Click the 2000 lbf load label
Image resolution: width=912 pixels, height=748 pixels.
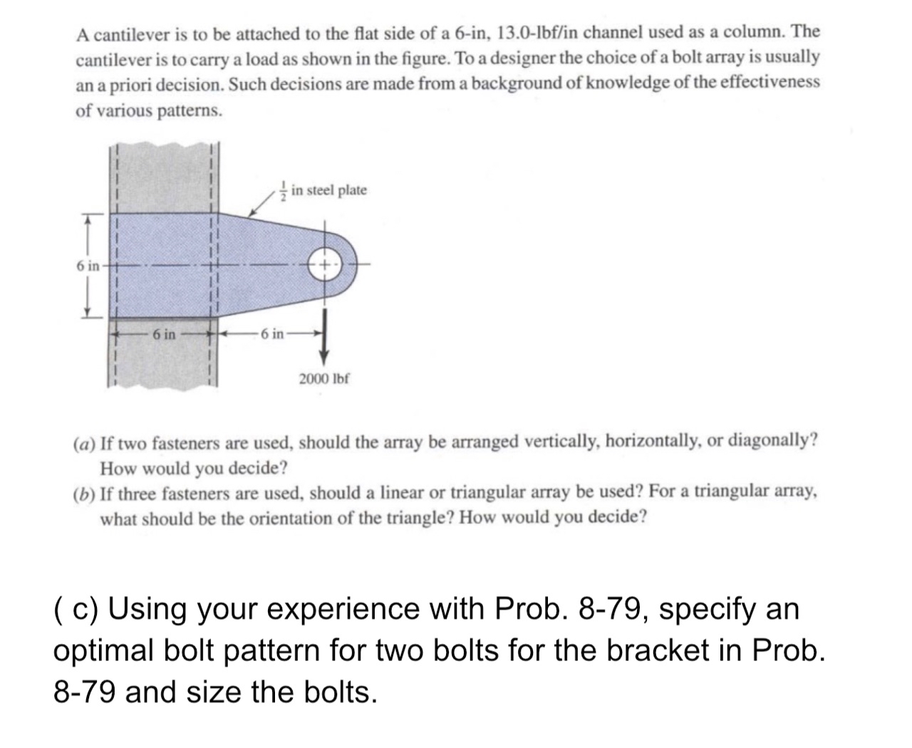point(324,378)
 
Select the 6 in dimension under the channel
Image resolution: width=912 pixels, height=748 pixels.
point(163,333)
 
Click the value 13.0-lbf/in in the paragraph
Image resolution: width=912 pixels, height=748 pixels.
point(547,31)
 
